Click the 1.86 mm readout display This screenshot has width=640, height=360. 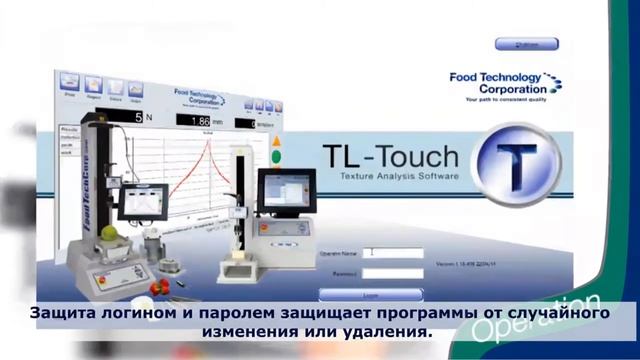coord(204,120)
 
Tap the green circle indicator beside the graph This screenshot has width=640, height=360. coord(276,157)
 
